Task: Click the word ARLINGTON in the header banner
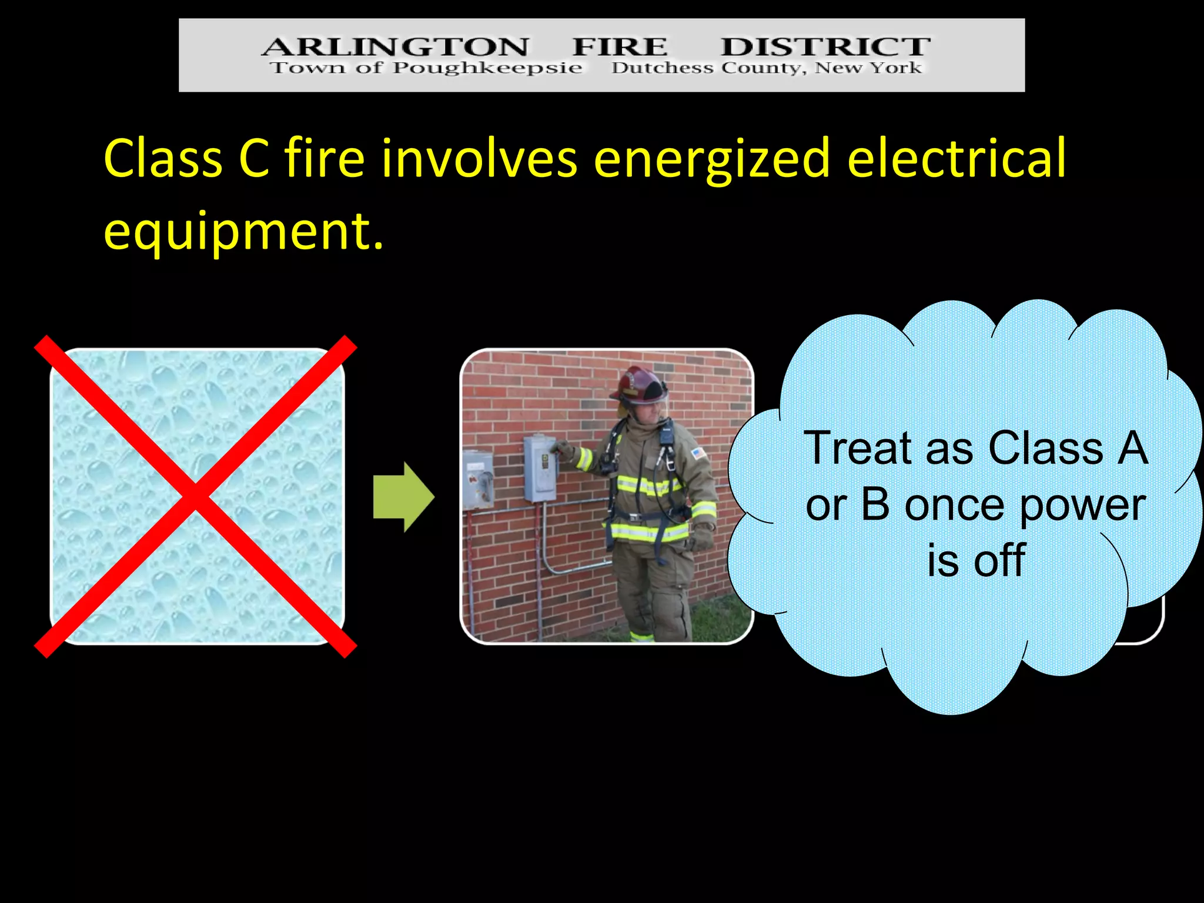[x=395, y=46]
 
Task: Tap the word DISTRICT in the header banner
[x=825, y=46]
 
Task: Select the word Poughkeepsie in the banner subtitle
[x=487, y=68]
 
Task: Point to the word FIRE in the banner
[x=620, y=46]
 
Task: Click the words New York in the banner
[x=868, y=68]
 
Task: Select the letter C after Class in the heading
[x=254, y=159]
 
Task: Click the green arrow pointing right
[x=403, y=497]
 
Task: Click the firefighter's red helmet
[x=640, y=385]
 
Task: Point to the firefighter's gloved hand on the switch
[x=563, y=450]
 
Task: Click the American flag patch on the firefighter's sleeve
[x=698, y=453]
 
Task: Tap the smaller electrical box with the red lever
[x=478, y=479]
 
